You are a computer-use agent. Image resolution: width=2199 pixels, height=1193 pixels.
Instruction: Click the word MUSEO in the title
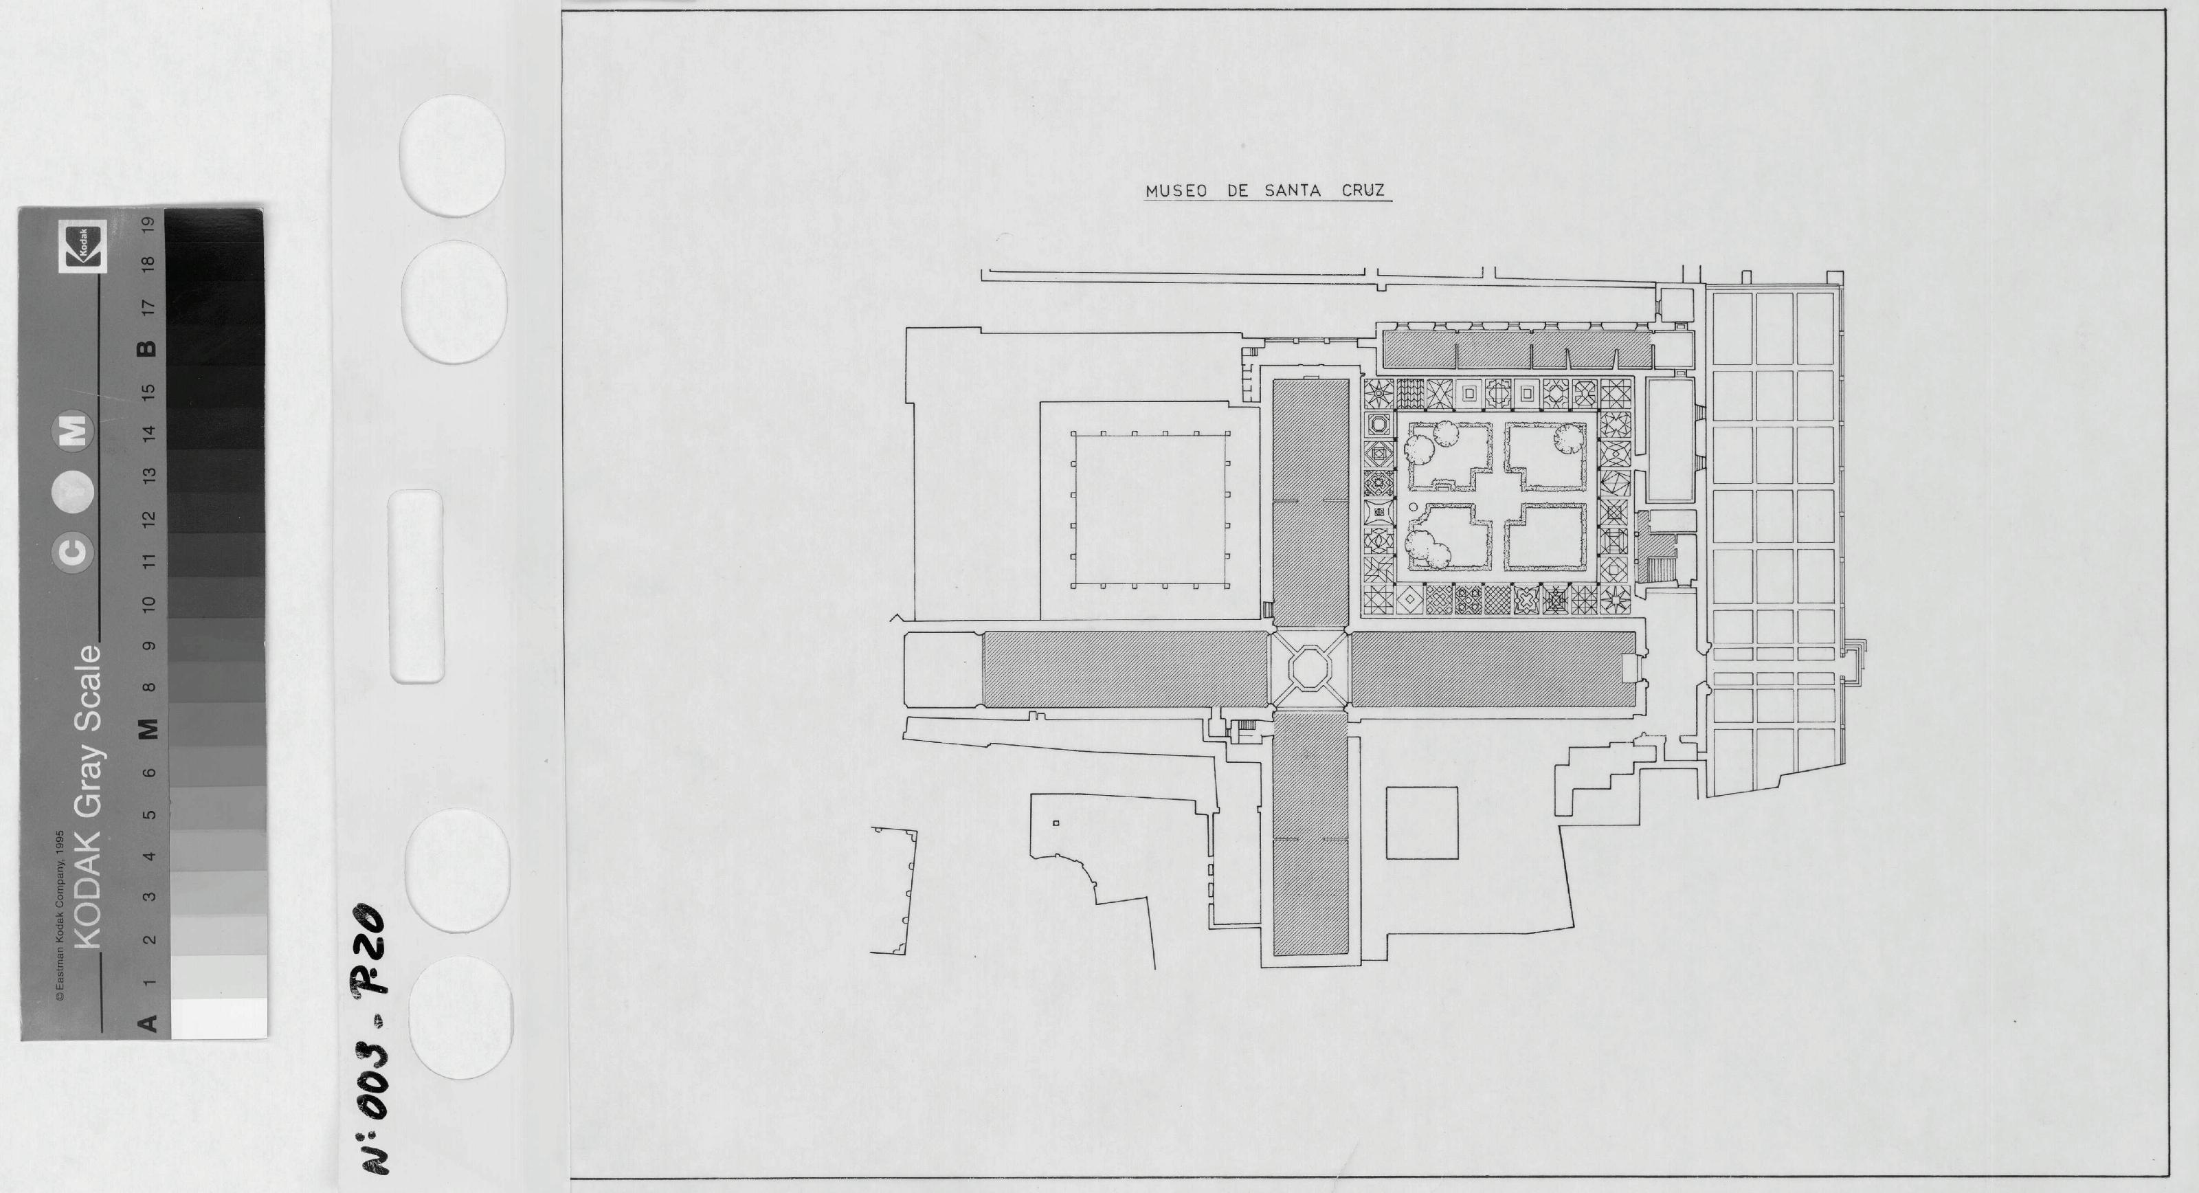pos(1176,191)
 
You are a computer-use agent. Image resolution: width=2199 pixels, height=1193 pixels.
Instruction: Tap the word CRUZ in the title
pos(1363,191)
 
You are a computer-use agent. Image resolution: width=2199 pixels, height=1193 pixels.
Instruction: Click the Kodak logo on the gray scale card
pos(82,246)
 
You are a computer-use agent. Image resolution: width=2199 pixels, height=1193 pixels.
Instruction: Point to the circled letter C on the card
pos(74,552)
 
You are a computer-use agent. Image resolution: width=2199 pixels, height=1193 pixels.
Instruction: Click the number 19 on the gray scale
pos(148,225)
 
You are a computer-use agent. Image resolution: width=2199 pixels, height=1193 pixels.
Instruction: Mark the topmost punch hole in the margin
pos(452,155)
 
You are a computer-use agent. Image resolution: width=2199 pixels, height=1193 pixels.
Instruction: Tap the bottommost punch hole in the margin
pos(461,1017)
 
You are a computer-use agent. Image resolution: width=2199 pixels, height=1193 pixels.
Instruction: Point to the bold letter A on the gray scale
pos(148,1022)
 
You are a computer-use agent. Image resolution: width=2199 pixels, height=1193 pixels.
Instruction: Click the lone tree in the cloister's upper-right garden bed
pos(1568,439)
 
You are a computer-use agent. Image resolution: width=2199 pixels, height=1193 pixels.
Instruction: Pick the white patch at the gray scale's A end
pos(219,1018)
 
